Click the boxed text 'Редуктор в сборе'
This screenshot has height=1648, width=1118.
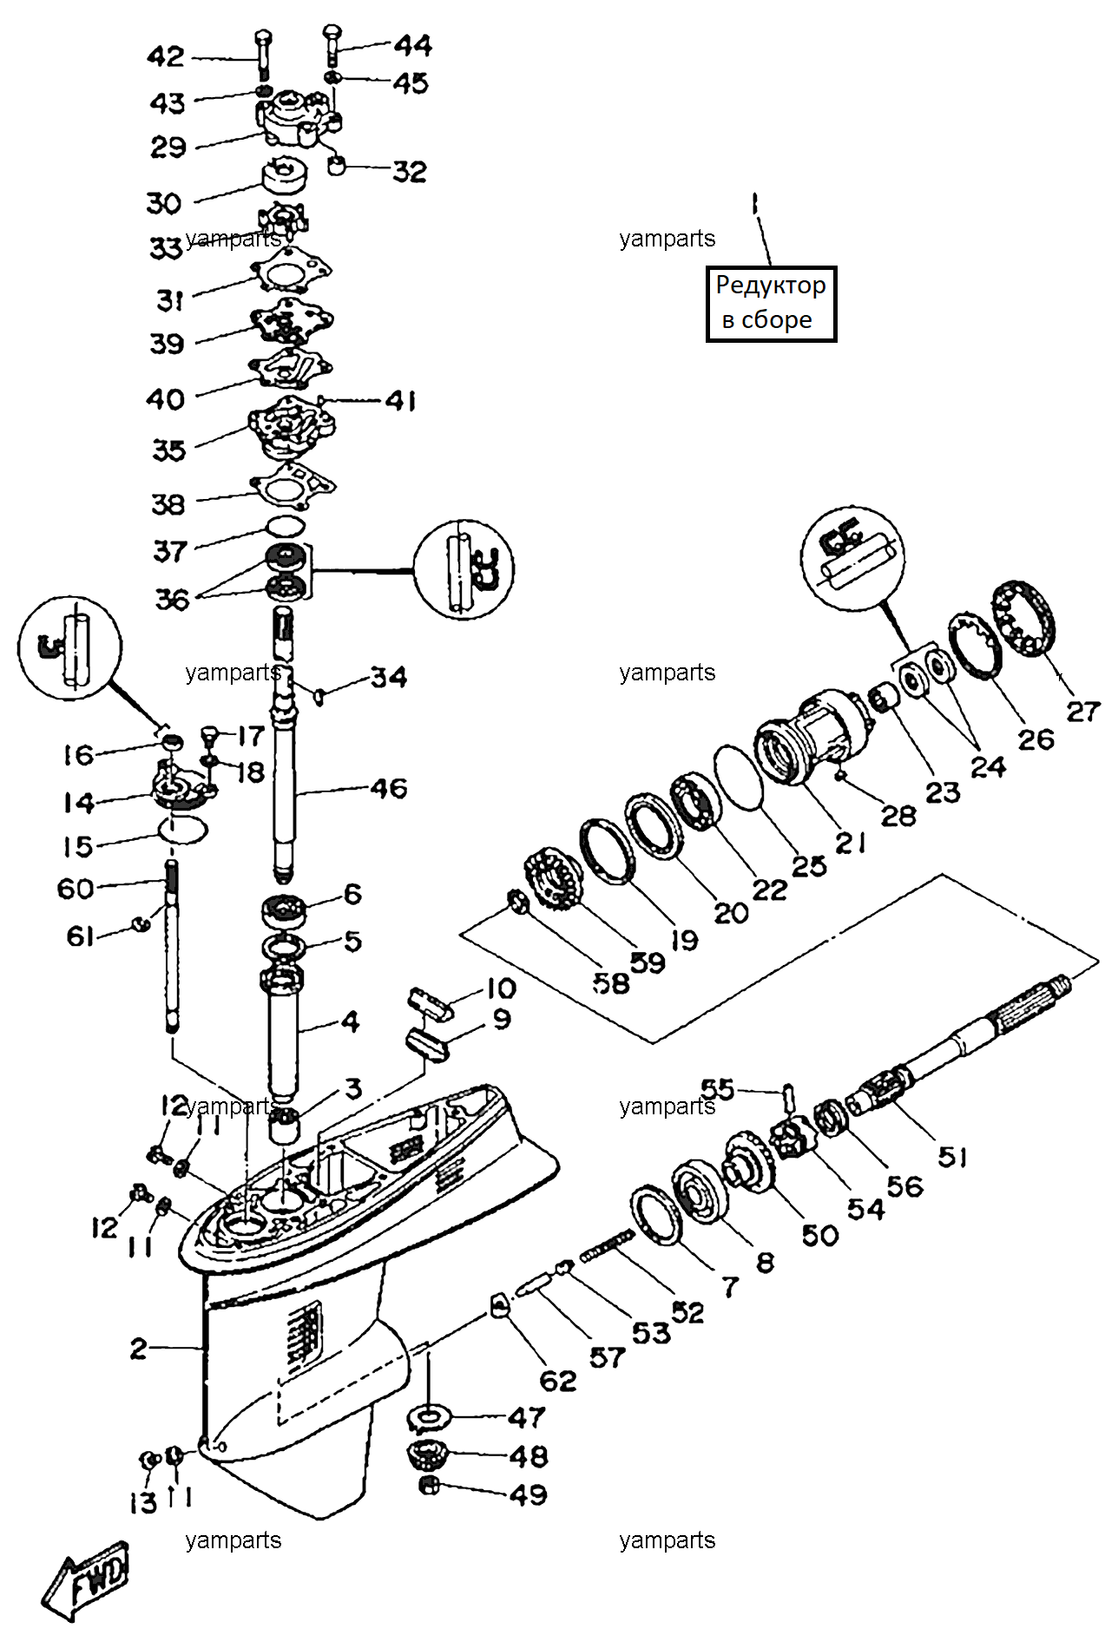pos(771,303)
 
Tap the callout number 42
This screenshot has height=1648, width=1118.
pos(166,57)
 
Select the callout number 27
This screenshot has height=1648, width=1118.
pos(1083,712)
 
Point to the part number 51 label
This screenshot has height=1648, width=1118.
pos(953,1156)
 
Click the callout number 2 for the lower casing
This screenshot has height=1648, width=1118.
pos(139,1348)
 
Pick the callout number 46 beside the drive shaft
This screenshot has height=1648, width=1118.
pos(389,788)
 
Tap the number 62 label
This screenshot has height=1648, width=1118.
pos(558,1381)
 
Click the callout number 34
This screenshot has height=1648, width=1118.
pos(389,677)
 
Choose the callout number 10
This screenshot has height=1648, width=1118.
pos(501,988)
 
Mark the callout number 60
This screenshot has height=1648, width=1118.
pos(76,889)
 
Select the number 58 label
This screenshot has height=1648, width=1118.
pos(611,983)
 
